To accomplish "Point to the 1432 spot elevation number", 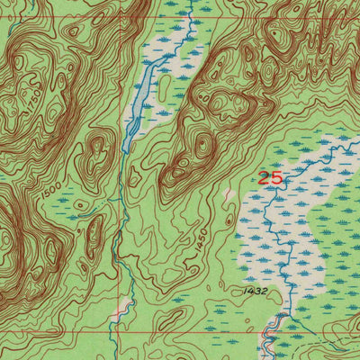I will click(256, 291).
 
